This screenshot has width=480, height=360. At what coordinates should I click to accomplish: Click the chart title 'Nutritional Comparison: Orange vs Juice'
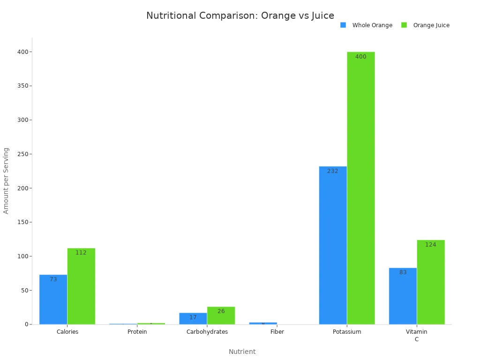click(240, 15)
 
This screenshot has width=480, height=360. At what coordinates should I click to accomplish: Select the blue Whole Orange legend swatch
click(343, 25)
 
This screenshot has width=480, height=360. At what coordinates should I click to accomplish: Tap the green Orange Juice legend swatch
click(404, 25)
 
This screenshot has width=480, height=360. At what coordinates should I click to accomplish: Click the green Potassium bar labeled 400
click(361, 187)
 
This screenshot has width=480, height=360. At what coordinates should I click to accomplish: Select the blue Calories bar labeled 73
click(53, 300)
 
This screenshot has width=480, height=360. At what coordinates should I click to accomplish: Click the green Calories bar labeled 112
click(81, 286)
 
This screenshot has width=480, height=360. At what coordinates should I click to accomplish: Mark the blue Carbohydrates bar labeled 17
click(193, 319)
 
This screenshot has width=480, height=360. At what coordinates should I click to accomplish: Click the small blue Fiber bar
click(263, 323)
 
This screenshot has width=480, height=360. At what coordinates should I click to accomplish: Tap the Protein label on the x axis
click(137, 332)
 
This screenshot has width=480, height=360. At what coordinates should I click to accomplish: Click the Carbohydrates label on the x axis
click(207, 332)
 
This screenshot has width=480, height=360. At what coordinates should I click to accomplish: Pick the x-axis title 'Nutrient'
click(242, 352)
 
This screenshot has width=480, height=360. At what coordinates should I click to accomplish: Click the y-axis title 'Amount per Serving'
click(6, 180)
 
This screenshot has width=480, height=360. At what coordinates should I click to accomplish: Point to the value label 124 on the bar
click(431, 245)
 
